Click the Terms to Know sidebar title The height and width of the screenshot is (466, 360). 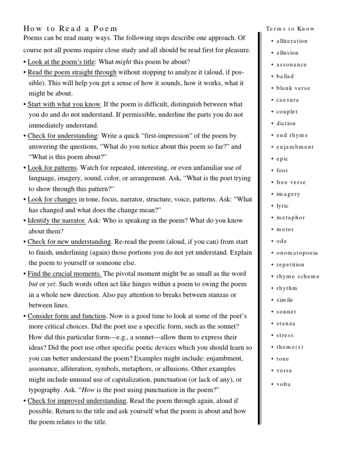coord(290,29)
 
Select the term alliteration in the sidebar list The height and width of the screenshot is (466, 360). coord(292,41)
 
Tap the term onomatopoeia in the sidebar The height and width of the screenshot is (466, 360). coord(297,253)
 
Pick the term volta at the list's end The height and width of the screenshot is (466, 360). coord(283,384)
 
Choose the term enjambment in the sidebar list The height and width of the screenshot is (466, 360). coord(295,147)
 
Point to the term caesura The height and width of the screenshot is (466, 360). coord(287,100)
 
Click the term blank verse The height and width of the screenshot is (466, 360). coord(293,88)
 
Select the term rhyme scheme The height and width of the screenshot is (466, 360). coord(297,276)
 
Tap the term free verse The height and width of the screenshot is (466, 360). coord(291,182)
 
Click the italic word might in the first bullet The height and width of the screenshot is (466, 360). coord(123,62)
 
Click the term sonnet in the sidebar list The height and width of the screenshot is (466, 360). coord(286,312)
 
